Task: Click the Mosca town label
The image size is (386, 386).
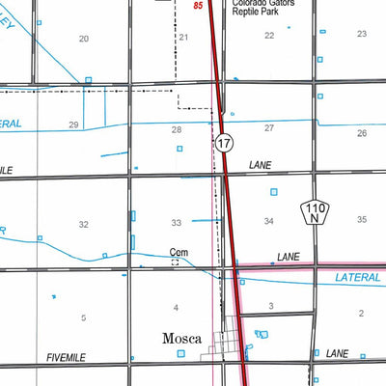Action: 180,339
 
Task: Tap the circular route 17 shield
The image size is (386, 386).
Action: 224,143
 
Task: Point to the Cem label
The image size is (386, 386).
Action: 177,254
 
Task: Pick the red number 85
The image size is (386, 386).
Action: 198,7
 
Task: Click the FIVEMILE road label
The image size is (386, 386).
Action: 66,357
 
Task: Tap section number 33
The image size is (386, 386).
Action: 177,223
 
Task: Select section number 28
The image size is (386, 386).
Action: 177,129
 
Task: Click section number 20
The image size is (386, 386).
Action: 84,39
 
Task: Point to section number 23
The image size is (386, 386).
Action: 361,34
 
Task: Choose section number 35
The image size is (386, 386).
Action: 361,220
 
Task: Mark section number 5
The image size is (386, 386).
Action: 84,317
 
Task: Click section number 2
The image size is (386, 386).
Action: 361,313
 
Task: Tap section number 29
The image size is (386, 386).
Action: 73,125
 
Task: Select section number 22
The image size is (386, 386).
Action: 269,36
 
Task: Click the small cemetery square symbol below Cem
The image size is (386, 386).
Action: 176,262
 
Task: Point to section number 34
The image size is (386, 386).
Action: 269,222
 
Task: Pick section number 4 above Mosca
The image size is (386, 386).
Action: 176,308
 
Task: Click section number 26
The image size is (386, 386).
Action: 361,132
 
